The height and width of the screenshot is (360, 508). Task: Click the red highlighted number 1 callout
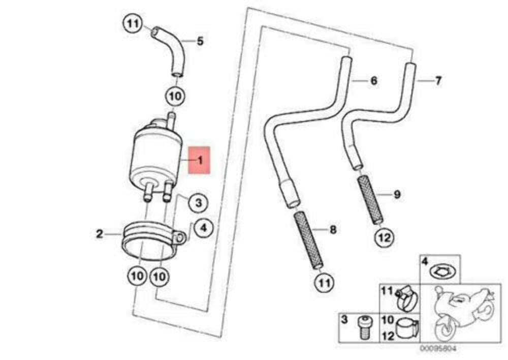coord(199,160)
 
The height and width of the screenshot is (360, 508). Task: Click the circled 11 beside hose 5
coord(131,23)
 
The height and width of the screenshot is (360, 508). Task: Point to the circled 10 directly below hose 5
coord(174,96)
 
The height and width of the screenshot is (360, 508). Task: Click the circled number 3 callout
coord(198,203)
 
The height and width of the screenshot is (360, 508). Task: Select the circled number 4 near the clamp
coord(203,228)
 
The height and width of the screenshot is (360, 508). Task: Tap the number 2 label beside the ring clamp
coord(100,234)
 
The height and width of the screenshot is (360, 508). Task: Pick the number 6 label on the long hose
coord(373,80)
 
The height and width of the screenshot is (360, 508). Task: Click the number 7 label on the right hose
coord(438,80)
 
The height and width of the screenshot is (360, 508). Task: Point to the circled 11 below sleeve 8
coord(324,281)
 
